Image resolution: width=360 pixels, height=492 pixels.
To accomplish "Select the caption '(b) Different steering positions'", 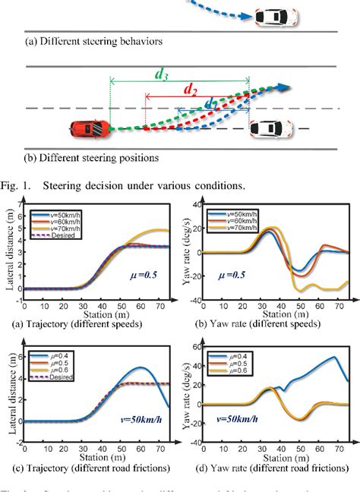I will [x=92, y=159].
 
